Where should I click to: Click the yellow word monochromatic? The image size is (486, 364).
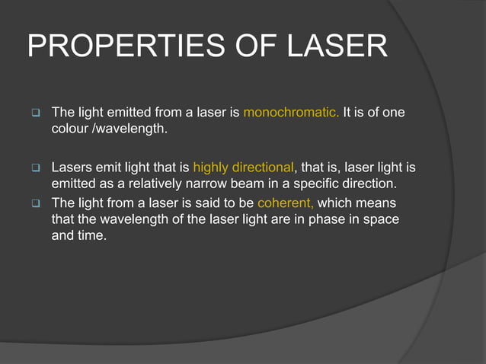pos(292,113)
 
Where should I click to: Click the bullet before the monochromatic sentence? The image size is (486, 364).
pos(36,114)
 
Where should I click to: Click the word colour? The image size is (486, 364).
pos(69,129)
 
